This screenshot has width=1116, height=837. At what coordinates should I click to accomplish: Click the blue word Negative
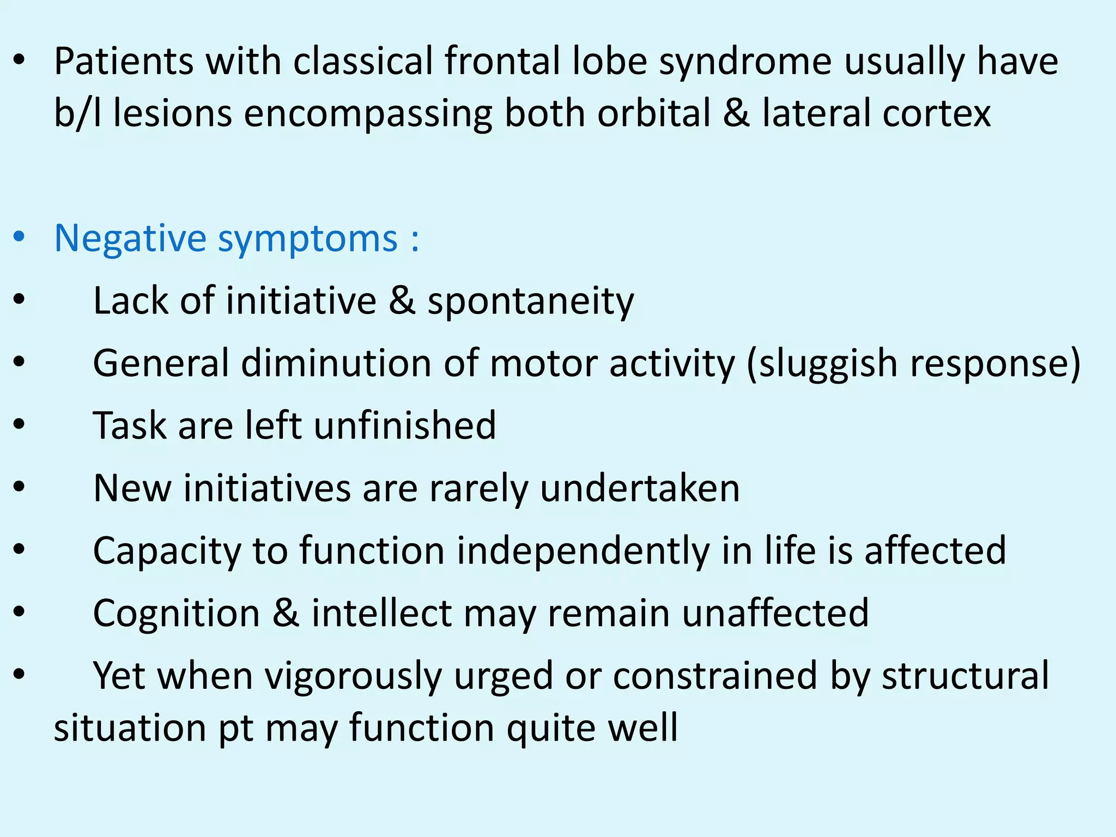130,239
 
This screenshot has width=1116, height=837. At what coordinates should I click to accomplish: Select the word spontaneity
531,301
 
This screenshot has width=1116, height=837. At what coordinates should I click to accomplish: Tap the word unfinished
405,426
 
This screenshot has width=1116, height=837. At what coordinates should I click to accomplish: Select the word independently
583,551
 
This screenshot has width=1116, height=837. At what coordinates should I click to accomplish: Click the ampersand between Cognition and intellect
286,613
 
